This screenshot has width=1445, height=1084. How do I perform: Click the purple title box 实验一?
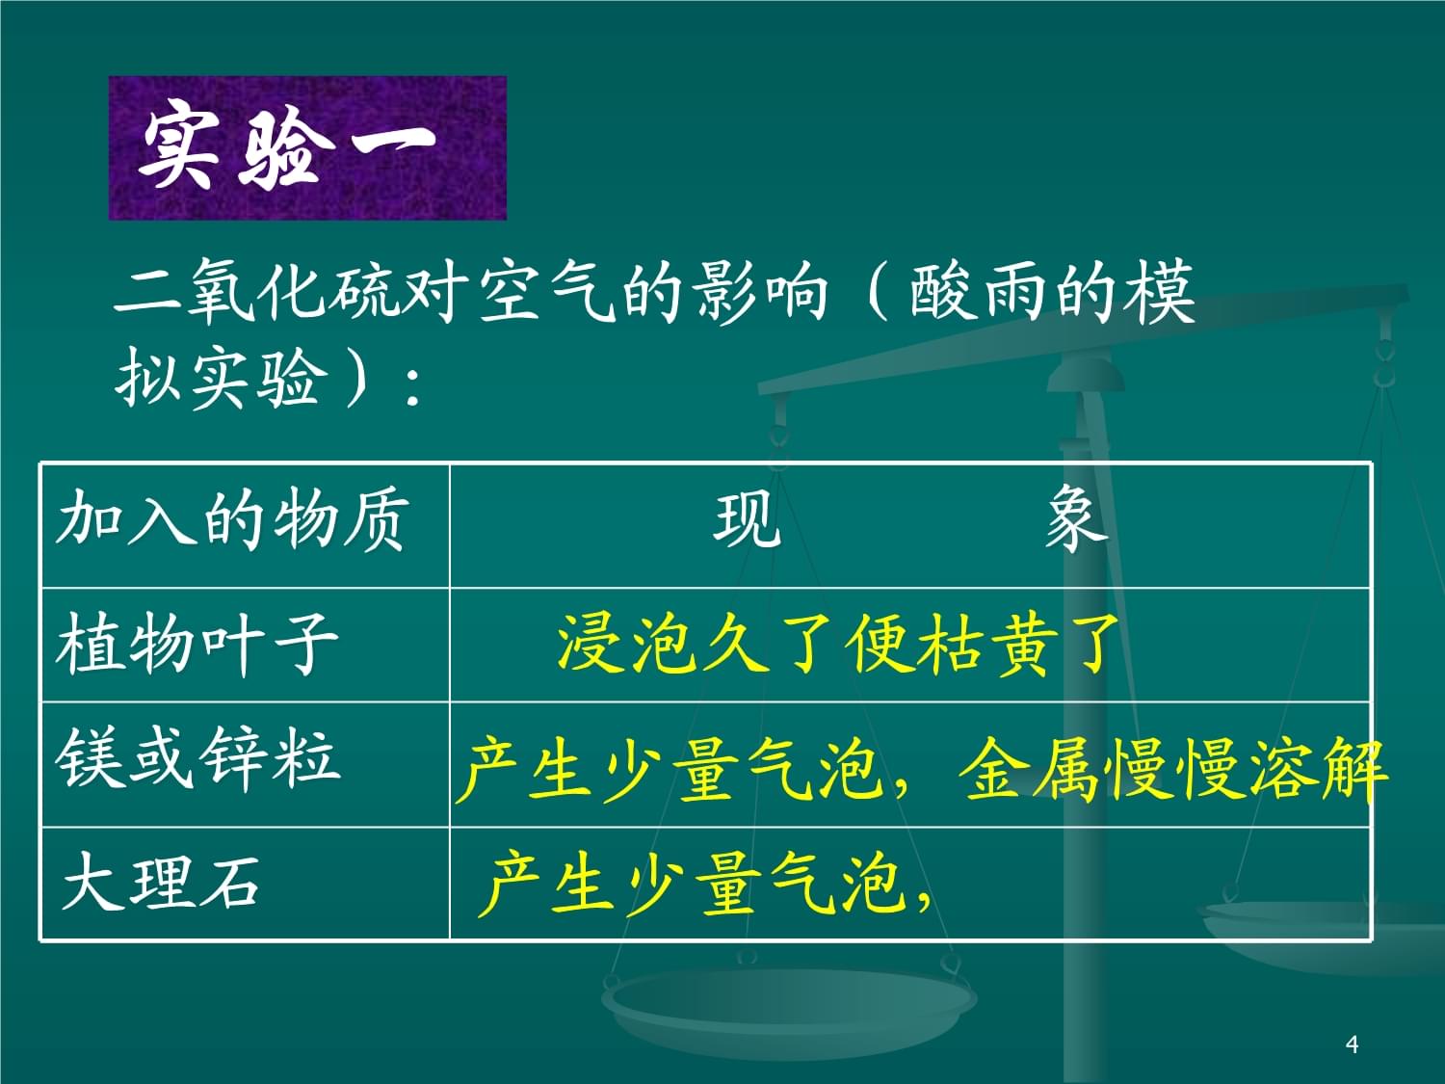pyautogui.click(x=306, y=147)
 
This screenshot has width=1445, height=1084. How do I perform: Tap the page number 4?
pyautogui.click(x=1352, y=1044)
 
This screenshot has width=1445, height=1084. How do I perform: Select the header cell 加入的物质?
pyautogui.click(x=231, y=521)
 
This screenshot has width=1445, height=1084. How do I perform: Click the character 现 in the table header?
pyautogui.click(x=747, y=521)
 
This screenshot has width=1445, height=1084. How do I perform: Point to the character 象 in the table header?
pyautogui.click(x=1075, y=521)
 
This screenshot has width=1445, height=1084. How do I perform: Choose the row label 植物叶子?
pyautogui.click(x=197, y=644)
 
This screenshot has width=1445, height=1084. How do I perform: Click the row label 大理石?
pyautogui.click(x=161, y=882)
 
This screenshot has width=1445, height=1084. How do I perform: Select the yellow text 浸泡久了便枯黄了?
pyautogui.click(x=838, y=644)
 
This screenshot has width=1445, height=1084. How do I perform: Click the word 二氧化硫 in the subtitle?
pyautogui.click(x=255, y=291)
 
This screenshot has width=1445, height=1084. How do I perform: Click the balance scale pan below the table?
pyautogui.click(x=790, y=1002)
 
